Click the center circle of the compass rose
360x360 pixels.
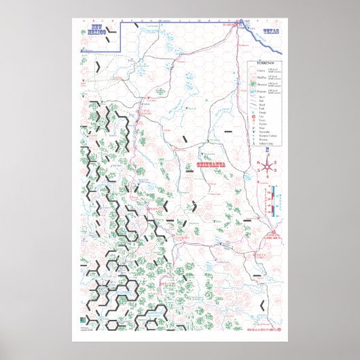(x=270, y=166)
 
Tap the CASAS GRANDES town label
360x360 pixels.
(x=145, y=111)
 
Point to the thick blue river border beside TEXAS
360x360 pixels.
(x=262, y=36)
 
